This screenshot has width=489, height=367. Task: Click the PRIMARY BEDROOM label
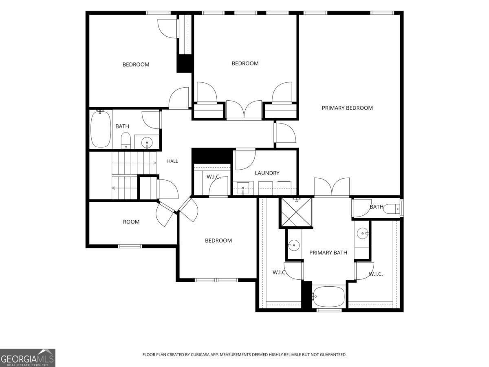click(x=347, y=108)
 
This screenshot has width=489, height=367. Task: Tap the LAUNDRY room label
click(x=267, y=173)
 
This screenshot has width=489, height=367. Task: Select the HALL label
click(x=172, y=161)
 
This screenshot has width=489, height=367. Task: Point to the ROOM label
click(x=131, y=222)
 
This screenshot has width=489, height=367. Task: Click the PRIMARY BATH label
click(x=328, y=252)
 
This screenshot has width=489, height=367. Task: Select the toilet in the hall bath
click(x=126, y=141)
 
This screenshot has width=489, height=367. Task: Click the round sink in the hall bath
click(x=147, y=142)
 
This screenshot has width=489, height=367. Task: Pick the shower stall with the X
click(x=296, y=212)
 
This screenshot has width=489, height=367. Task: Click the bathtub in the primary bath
click(x=328, y=296)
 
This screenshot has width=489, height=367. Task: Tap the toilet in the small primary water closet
click(x=392, y=209)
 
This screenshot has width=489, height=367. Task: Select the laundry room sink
click(x=243, y=188)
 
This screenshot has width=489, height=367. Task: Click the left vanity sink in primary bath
click(x=294, y=245)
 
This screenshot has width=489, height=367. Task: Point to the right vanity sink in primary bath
click(x=362, y=233)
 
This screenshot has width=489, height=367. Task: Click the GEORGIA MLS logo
click(x=28, y=358)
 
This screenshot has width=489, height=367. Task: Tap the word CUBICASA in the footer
click(x=200, y=354)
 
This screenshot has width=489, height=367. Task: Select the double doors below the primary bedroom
click(x=332, y=187)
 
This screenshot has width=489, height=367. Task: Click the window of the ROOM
click(x=130, y=246)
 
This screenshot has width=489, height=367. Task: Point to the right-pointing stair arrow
click(x=134, y=163)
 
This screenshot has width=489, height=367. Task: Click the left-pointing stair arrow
click(x=124, y=188)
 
